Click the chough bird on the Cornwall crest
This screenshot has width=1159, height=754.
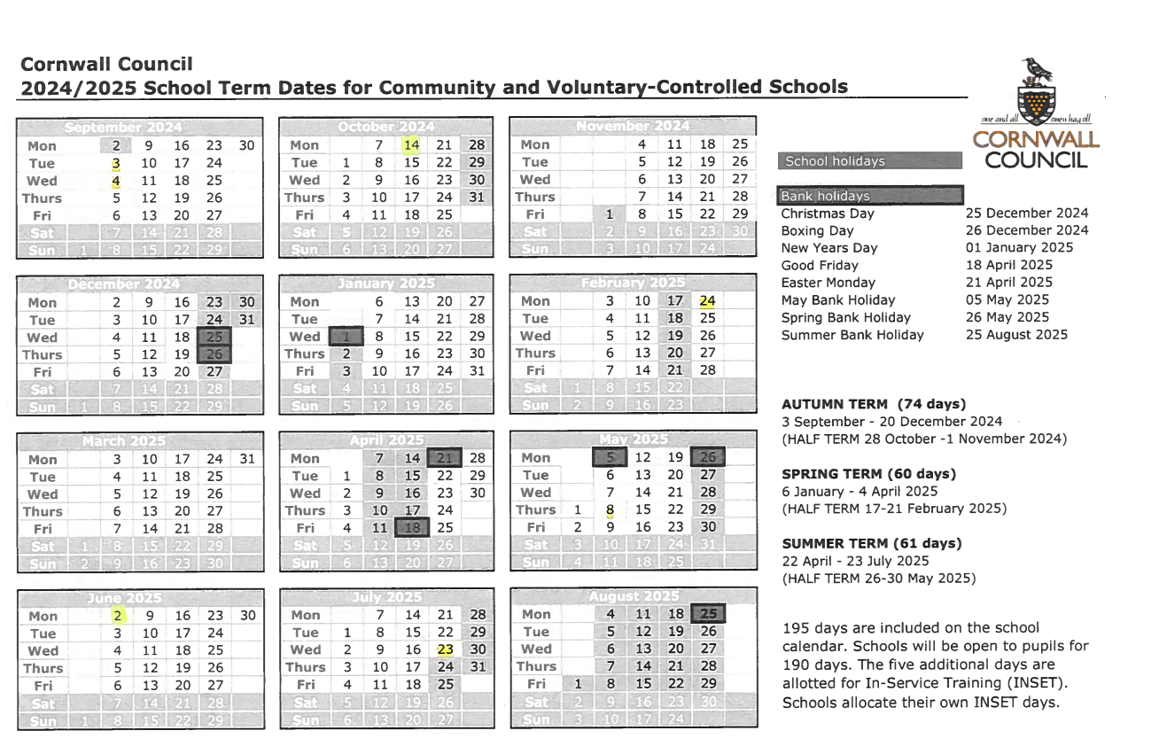tap(1035, 70)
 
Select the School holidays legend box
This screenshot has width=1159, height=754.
tap(868, 161)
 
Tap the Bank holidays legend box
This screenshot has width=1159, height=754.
tap(868, 196)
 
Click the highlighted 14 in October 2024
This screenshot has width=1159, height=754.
tap(411, 145)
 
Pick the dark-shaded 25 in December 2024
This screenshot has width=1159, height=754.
tap(214, 338)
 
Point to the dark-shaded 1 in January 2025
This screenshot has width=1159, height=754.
tap(346, 337)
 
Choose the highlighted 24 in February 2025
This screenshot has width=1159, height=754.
tap(707, 301)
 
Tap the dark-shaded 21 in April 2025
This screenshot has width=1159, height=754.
tap(445, 458)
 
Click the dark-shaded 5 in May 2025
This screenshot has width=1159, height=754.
tap(610, 458)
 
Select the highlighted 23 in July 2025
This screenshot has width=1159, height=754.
tap(445, 649)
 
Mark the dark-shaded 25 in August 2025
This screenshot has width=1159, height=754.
tap(708, 614)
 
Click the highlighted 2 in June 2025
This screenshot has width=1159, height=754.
tap(116, 616)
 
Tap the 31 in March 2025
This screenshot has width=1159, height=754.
tap(247, 459)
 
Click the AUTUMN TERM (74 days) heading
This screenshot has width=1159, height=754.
tap(873, 404)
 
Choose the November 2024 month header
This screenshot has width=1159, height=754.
tap(633, 127)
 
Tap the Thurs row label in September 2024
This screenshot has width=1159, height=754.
tap(43, 198)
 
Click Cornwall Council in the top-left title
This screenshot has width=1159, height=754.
tap(105, 64)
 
